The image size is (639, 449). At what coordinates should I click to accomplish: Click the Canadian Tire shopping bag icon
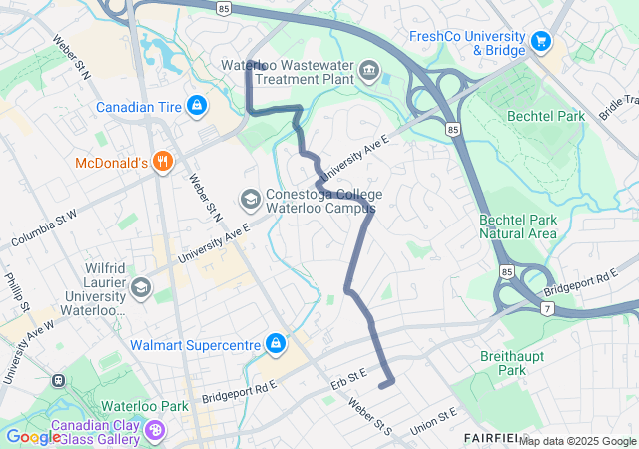point(197,105)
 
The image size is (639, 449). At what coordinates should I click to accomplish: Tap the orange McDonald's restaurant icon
point(162,162)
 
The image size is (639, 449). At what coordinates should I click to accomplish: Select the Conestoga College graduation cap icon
point(249,200)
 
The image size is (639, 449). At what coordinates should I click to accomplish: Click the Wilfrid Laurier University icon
point(141,288)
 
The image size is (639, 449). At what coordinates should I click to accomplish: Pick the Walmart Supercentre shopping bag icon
point(275,345)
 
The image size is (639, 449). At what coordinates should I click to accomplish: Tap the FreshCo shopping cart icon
point(541,41)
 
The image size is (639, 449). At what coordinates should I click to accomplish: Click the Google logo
point(33,437)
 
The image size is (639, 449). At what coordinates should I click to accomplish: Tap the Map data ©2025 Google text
point(577,441)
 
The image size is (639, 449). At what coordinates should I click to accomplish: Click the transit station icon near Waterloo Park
point(58,380)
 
